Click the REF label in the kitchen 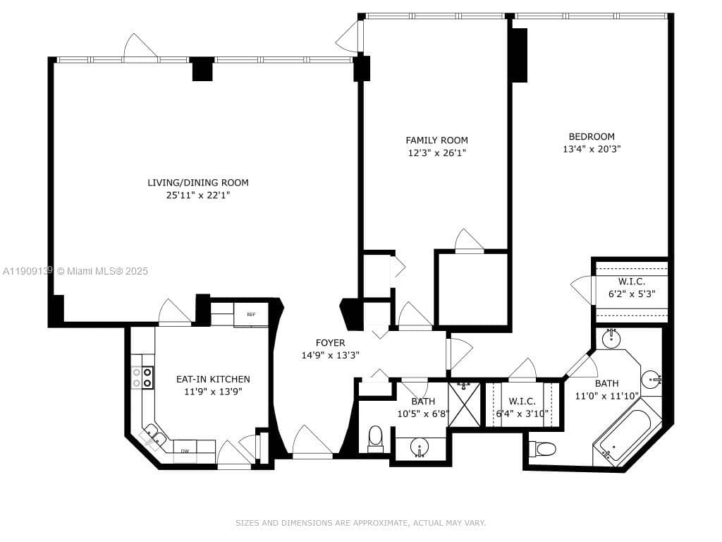coord(251,315)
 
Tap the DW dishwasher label coord(185,451)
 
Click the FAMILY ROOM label coord(436,140)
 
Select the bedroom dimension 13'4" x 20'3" coord(592,149)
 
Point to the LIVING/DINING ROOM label coord(198,183)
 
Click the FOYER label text coord(331,343)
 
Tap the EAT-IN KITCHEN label coord(213,379)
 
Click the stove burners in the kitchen coord(148,378)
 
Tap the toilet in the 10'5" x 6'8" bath coord(375,436)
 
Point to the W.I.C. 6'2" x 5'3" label coord(632,287)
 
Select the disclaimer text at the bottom coord(360,523)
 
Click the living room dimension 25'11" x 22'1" coord(198,195)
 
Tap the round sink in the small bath coord(420,447)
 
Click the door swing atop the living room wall coord(140,48)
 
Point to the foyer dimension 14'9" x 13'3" coord(331,356)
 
